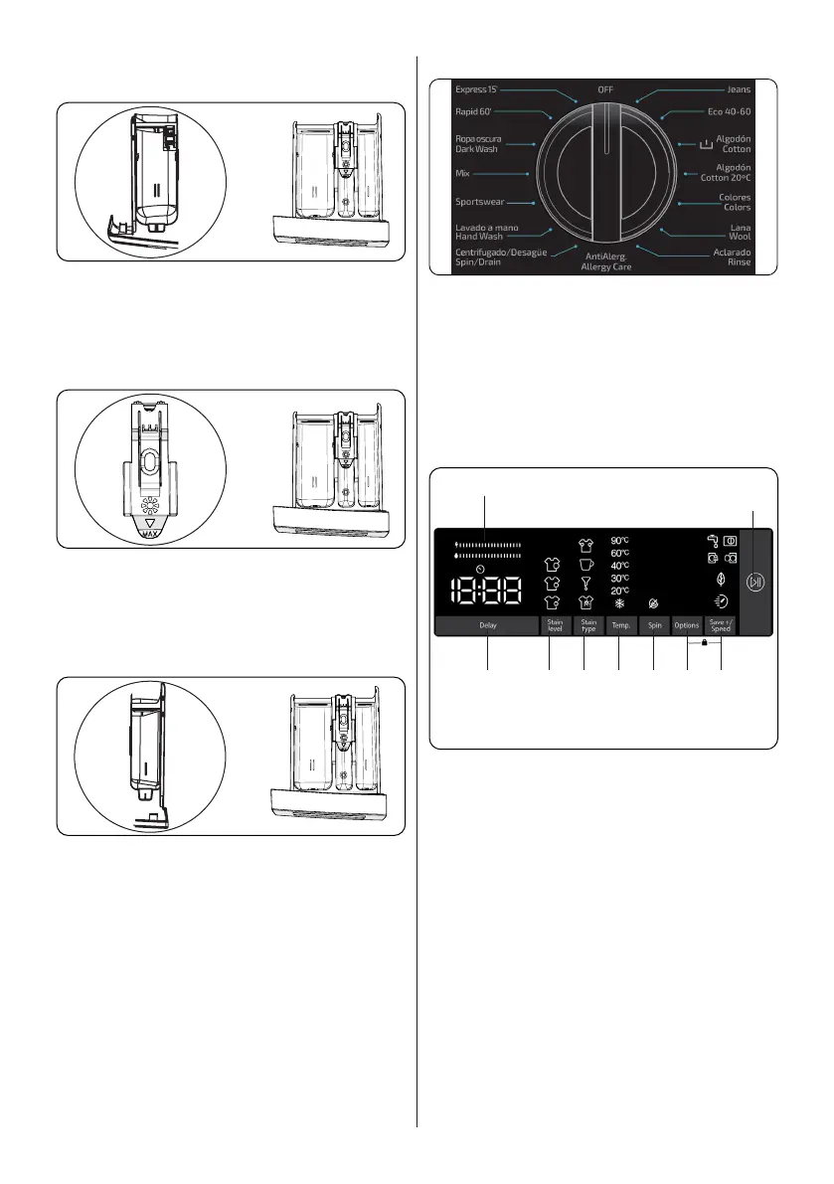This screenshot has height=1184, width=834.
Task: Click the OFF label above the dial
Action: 605,89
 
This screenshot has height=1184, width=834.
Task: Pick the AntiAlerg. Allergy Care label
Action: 607,262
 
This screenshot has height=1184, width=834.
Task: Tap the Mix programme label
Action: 462,173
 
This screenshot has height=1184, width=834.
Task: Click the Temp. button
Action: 619,625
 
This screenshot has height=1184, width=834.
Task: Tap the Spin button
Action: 654,625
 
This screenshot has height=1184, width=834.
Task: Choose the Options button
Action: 687,625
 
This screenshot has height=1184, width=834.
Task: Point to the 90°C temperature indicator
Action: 619,541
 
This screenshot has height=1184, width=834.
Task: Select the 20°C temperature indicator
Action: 619,591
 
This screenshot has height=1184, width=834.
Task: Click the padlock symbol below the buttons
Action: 704,643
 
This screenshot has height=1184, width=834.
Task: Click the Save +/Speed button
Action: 721,625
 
